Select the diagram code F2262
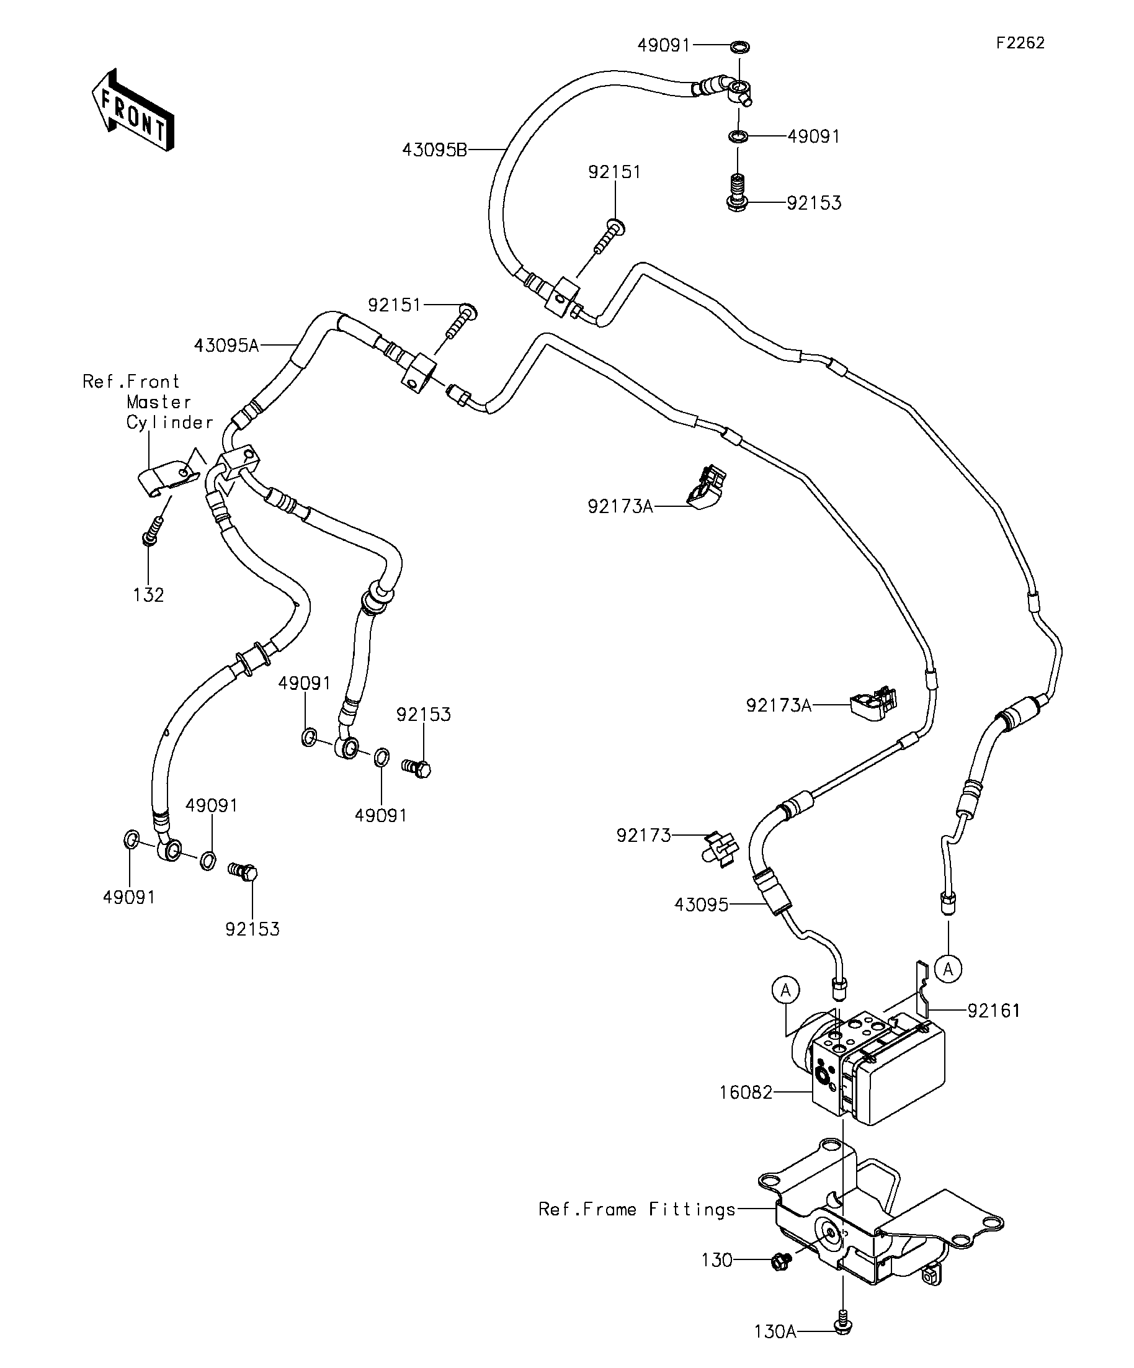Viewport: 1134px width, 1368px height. click(x=1020, y=43)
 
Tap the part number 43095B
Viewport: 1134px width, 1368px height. click(x=434, y=151)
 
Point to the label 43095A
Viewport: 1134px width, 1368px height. click(x=226, y=345)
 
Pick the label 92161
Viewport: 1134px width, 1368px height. click(x=993, y=1011)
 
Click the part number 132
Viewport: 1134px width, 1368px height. click(x=148, y=595)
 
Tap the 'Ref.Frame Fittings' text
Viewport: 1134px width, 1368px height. click(x=636, y=1210)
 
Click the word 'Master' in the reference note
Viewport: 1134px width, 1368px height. click(x=159, y=402)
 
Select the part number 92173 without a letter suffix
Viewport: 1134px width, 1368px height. click(x=643, y=836)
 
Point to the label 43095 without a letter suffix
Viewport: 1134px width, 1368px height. click(x=701, y=904)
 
